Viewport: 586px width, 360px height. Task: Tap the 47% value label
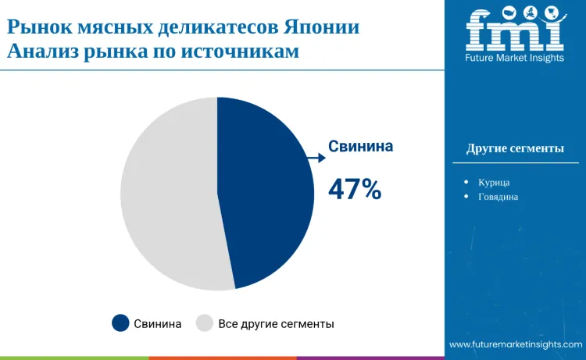tap(354, 189)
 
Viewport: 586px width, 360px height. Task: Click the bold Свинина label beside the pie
tap(360, 146)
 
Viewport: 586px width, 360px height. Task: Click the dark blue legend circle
tap(120, 323)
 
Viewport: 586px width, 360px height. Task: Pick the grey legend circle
tap(205, 323)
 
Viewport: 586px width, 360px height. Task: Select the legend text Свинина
tap(158, 323)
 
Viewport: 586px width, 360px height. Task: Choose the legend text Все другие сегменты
tap(276, 323)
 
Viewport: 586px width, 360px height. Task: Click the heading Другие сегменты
tap(515, 148)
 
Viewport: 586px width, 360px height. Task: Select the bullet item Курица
tap(494, 182)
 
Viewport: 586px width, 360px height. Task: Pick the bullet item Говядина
tap(498, 197)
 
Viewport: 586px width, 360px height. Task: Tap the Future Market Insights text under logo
tap(515, 59)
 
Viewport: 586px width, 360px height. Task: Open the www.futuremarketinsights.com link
tap(516, 344)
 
